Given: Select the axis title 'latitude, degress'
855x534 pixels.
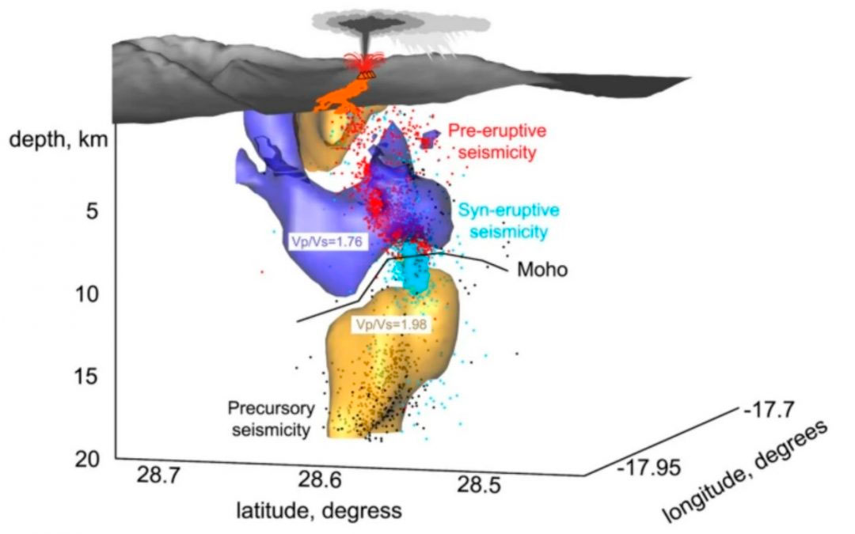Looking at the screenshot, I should (318, 510).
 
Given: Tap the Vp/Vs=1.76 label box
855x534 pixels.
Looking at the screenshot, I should (325, 243).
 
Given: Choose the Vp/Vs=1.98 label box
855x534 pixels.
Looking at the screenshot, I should (388, 324).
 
